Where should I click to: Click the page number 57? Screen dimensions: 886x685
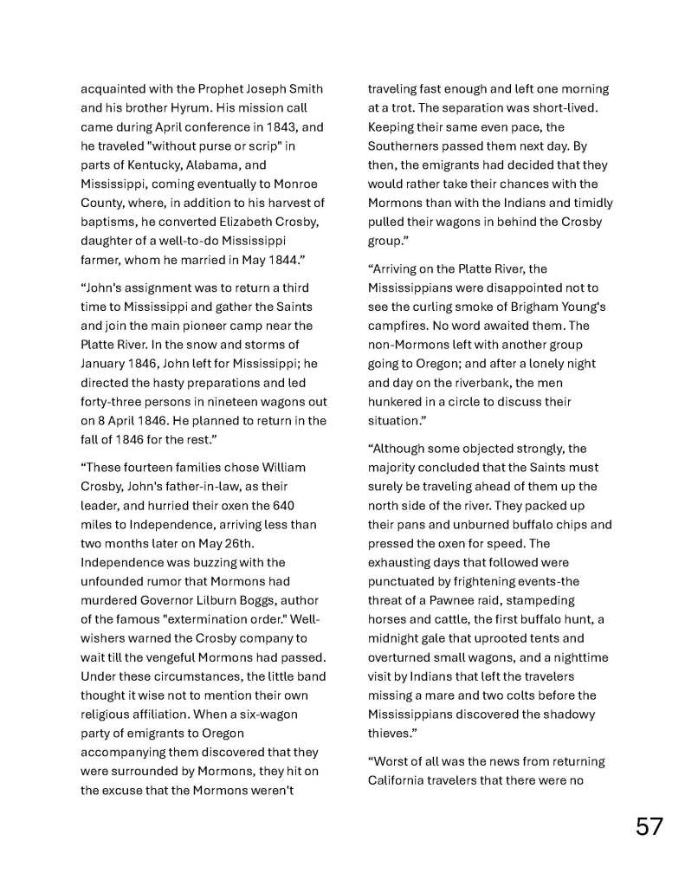coord(649,825)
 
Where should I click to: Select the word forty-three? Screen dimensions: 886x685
coord(113,402)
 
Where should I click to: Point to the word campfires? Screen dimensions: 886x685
coord(398,326)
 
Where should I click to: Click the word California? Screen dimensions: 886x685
coord(399,780)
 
